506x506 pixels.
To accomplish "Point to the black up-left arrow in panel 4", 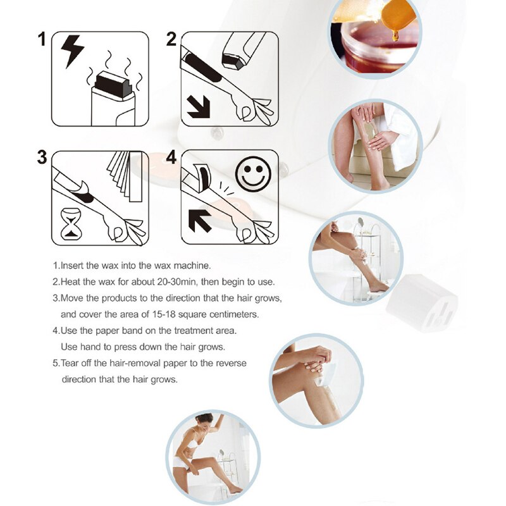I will click(x=201, y=222).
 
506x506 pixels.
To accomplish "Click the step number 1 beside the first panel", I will click(x=42, y=39).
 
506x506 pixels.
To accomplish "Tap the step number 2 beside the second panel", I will click(x=171, y=39).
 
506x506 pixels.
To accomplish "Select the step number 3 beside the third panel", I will click(x=42, y=157).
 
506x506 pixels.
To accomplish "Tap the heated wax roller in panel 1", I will click(x=113, y=95).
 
